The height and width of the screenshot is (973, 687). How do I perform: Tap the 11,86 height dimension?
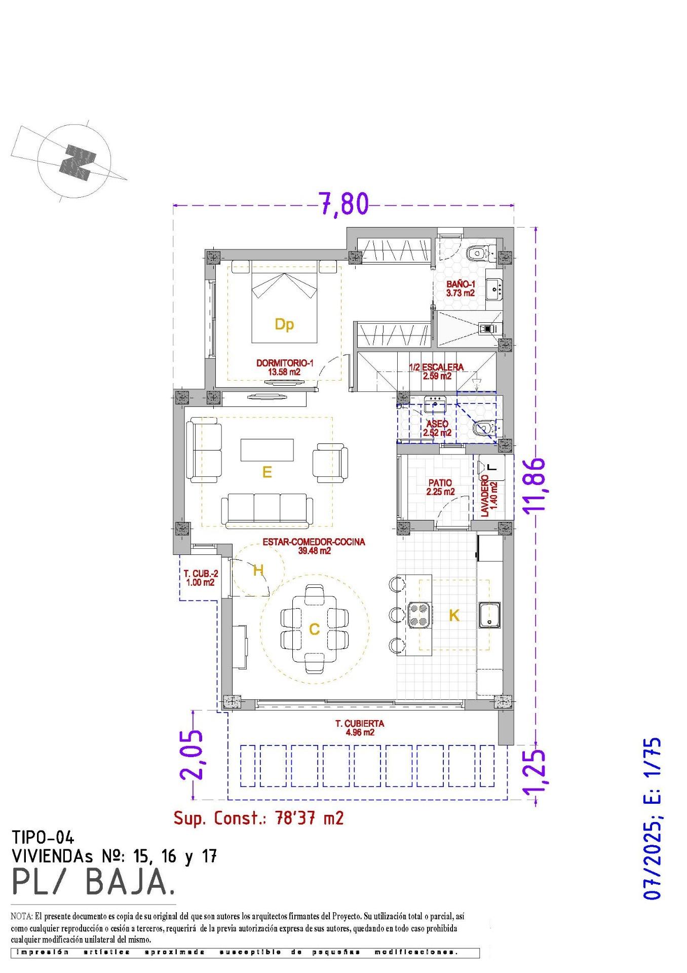[535, 486]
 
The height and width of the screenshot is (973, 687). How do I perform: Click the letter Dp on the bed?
[284, 324]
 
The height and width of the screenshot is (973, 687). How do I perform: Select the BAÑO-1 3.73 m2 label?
[460, 289]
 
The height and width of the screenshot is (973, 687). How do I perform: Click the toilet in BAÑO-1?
[477, 252]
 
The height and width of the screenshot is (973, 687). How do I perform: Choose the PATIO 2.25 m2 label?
[440, 488]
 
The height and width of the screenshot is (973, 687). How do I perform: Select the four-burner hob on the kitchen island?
[419, 615]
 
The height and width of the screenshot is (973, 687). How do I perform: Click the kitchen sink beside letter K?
[489, 615]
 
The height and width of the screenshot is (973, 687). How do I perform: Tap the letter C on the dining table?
[314, 629]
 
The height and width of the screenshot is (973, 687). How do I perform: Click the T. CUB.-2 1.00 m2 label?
[201, 578]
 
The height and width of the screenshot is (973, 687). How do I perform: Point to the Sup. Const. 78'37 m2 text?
[258, 818]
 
